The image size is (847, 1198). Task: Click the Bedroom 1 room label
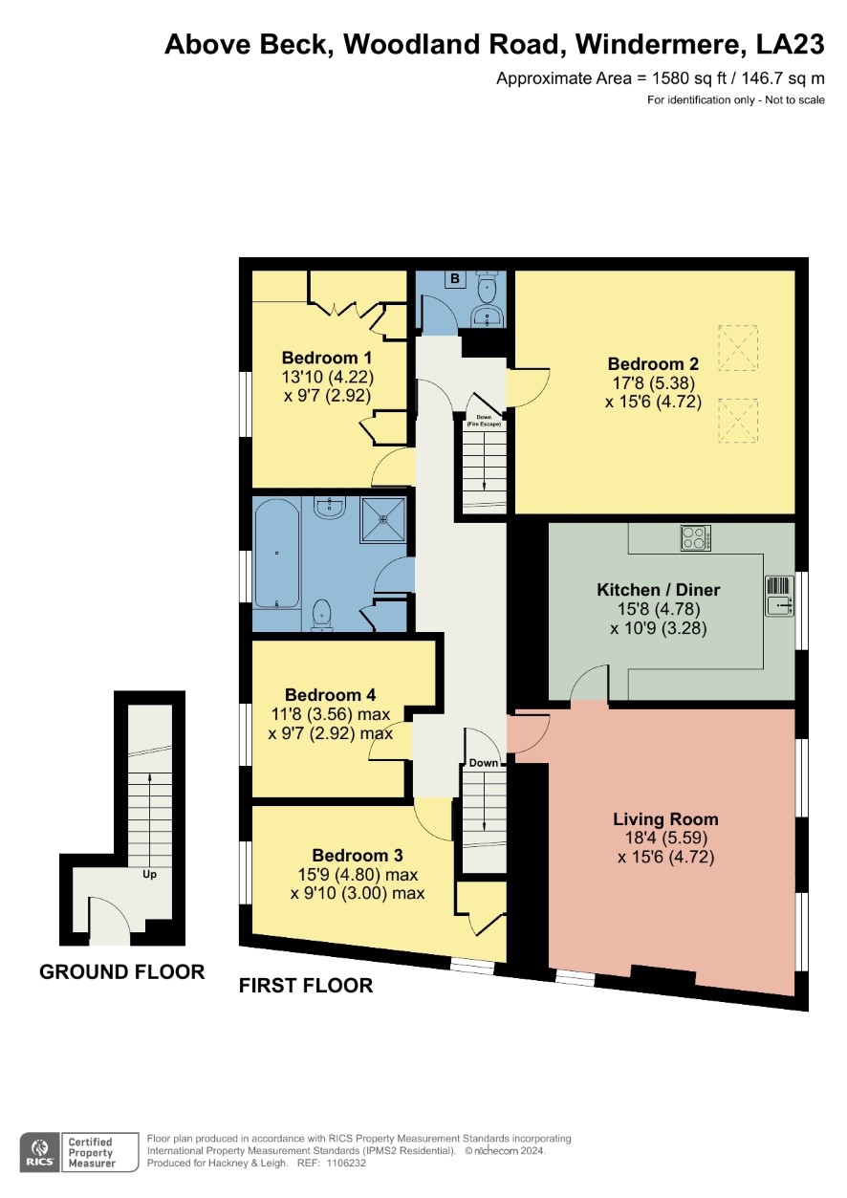327,358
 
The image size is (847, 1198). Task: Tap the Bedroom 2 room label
653,363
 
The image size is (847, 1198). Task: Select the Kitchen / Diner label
659,589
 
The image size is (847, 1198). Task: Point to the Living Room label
665,818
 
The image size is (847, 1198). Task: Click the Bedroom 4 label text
330,695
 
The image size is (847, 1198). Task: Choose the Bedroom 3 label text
358,855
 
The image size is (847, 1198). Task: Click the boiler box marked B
455,278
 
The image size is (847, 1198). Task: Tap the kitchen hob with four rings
696,538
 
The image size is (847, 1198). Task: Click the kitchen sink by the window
779,596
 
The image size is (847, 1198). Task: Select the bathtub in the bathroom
276,554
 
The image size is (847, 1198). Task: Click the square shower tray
382,519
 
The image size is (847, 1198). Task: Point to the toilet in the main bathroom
321,615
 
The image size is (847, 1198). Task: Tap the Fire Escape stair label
484,421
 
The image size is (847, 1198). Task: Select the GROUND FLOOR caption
122,971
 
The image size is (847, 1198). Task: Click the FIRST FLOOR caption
306,985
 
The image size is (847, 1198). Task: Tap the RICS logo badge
40,1152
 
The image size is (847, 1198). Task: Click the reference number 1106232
345,1163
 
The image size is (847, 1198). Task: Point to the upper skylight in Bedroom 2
738,348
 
